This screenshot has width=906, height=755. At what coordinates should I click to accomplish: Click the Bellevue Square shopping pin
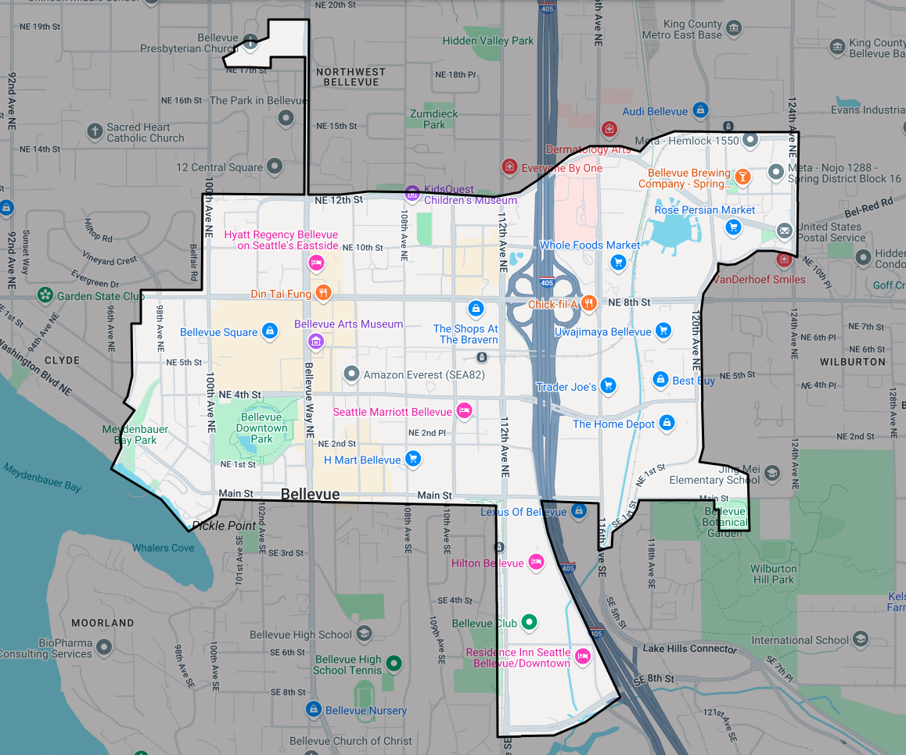269,331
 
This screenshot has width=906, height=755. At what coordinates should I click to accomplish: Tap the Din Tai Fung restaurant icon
324,294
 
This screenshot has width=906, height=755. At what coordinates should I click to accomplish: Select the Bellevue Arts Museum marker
315,341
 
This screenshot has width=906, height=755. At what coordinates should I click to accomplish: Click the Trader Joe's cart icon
608,385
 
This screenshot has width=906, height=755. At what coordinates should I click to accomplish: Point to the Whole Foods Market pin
618,262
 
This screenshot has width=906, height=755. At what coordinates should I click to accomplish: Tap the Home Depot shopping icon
667,423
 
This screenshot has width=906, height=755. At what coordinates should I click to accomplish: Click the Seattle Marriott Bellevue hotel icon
464,411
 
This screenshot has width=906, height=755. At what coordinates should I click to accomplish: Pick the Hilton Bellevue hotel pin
536,562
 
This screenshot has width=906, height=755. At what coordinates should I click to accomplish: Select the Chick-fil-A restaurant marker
589,303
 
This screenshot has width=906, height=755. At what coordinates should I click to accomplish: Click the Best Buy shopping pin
660,380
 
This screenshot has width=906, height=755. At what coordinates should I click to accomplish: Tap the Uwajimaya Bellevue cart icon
663,331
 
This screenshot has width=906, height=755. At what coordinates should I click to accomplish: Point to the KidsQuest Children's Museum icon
412,193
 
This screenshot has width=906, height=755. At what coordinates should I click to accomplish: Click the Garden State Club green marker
46,295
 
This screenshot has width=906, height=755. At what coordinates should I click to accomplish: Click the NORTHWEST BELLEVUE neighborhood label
351,77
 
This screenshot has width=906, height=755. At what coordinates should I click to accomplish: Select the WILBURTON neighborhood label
852,362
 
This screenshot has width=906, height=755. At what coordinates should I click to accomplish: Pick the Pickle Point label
225,525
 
